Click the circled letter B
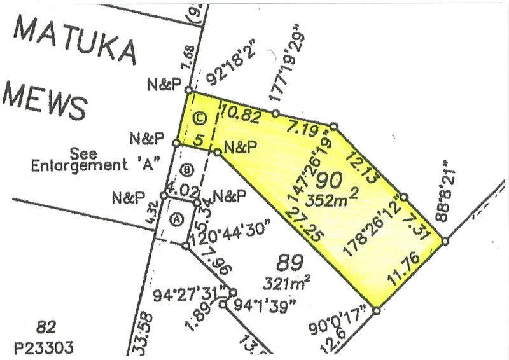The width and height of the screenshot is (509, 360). pos(186,170)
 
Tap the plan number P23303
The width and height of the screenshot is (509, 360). pos(45,347)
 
